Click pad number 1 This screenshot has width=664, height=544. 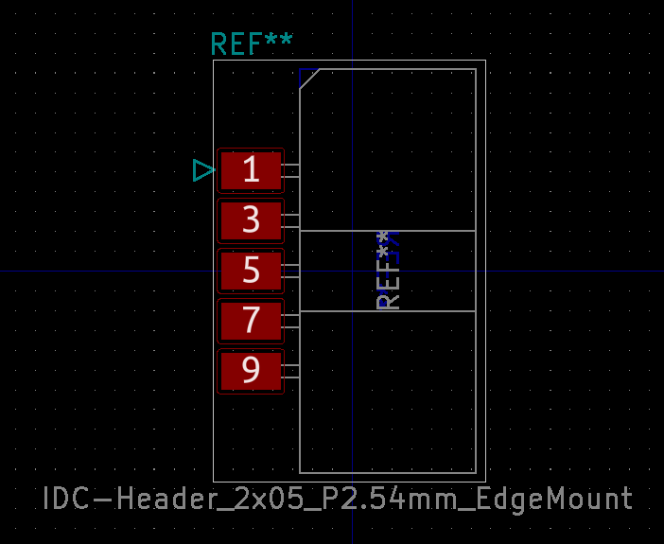[251, 170]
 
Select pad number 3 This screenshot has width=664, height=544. [251, 220]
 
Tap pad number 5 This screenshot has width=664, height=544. [251, 271]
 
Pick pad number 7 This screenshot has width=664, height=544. [251, 321]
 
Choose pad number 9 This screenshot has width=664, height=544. [251, 371]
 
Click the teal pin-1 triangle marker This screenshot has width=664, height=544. [203, 170]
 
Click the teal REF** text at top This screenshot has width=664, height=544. [252, 44]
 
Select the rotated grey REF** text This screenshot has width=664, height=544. [389, 271]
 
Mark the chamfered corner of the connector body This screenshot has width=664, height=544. [309, 79]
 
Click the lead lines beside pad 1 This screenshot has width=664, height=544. [291, 170]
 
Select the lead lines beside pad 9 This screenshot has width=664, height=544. [291, 371]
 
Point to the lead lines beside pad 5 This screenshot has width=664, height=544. [291, 271]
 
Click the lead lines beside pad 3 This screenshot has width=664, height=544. [291, 220]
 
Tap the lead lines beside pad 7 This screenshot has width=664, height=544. [291, 321]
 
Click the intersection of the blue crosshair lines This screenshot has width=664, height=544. [353, 272]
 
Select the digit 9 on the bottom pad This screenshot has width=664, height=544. [251, 371]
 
